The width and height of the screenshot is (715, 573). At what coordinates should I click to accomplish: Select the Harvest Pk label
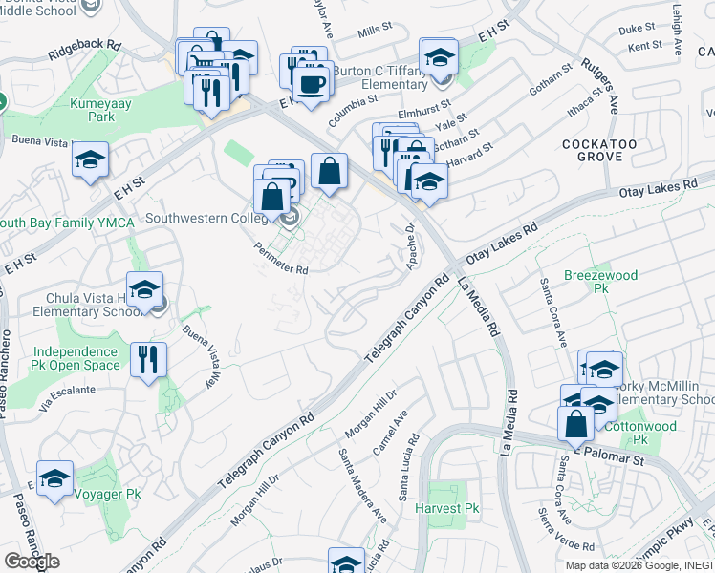point(446,509)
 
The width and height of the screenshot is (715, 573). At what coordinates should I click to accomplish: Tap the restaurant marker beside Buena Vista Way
point(148,360)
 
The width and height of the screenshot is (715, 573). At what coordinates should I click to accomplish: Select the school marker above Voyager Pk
point(55,477)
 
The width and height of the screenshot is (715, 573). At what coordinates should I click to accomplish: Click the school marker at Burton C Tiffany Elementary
point(438,56)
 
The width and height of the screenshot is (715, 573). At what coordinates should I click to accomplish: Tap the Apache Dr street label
point(411,246)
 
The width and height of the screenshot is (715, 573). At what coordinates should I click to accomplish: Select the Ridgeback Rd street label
point(88,45)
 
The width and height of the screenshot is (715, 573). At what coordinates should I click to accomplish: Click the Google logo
point(32,561)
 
